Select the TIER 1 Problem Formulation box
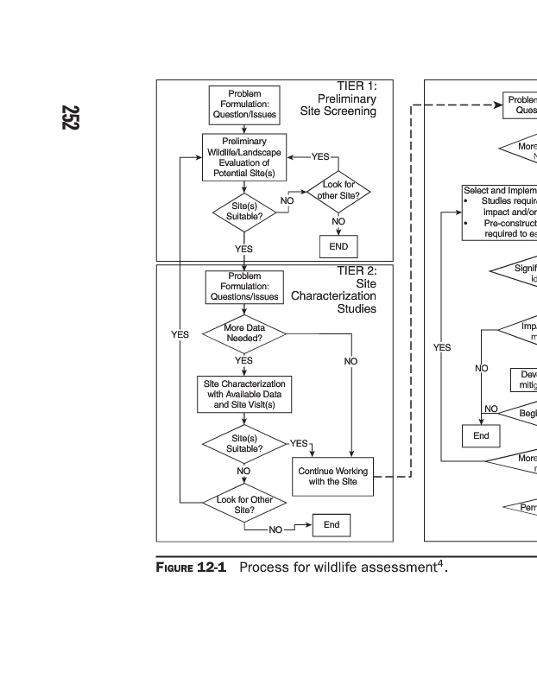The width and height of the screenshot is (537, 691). pos(244,105)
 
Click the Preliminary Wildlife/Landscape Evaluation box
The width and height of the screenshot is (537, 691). pos(244,157)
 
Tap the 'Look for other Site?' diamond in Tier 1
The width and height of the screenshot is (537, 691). pos(338,190)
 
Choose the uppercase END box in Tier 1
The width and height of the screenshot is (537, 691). pos(338,246)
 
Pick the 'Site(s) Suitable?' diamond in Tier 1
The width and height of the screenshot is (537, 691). pos(244,211)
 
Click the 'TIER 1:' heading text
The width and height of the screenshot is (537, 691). pos(357,86)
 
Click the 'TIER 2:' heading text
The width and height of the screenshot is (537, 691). pos(357,270)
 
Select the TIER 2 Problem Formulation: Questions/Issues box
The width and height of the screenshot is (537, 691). pos(244,286)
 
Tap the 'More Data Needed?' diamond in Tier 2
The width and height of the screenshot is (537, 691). pos(244,333)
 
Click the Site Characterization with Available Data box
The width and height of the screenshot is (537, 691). pos(244,394)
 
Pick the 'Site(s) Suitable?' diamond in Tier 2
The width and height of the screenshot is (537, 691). pos(244,443)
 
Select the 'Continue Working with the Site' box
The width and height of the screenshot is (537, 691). pos(333,476)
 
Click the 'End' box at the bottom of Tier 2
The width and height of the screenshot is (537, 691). pos(332,524)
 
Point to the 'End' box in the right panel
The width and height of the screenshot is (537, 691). pos(481,435)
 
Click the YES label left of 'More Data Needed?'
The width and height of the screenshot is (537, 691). pos(180,334)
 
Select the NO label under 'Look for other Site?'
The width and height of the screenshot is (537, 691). pos(338,222)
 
